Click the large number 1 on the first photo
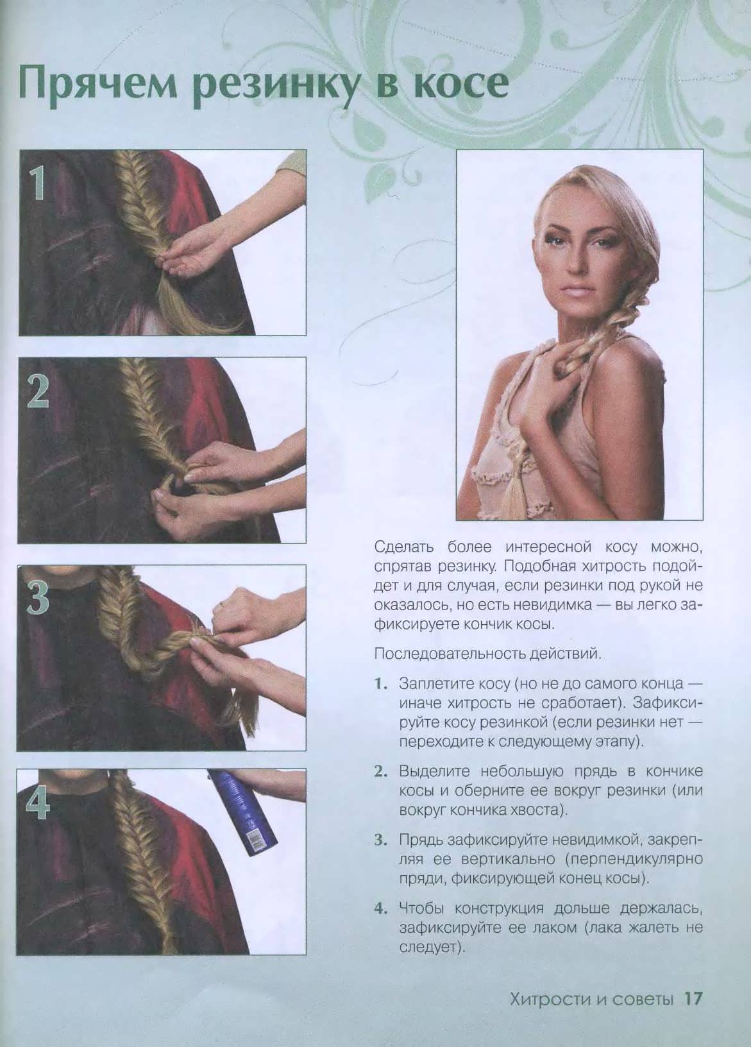click(x=38, y=185)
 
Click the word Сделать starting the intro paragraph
click(x=405, y=547)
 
